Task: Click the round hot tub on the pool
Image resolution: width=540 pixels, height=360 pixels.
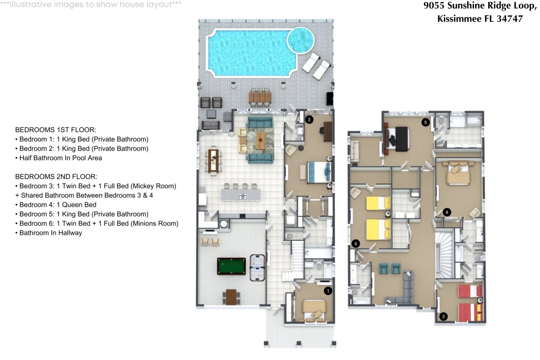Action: coord(301,40)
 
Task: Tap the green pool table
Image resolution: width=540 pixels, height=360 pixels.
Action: coord(232,266)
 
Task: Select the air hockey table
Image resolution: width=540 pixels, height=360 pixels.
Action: coord(257,268)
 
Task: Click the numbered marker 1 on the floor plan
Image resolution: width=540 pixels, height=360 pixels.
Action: coord(328,291)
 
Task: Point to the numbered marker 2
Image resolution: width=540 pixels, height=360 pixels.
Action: coord(309,120)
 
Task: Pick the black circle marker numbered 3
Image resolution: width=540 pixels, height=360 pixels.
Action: coord(443,316)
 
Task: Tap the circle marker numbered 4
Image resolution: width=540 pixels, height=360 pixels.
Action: coord(447,212)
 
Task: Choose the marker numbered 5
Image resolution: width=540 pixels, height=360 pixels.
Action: coord(426,122)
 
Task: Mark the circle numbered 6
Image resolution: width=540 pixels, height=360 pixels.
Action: coord(356,243)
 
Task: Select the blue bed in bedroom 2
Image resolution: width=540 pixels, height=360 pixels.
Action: coord(320,172)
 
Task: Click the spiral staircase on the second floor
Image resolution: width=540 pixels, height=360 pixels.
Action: coord(445,255)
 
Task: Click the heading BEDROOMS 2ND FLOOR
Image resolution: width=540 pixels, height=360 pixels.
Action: coord(56,176)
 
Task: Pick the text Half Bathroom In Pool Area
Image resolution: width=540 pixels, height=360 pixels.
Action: coord(60,158)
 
